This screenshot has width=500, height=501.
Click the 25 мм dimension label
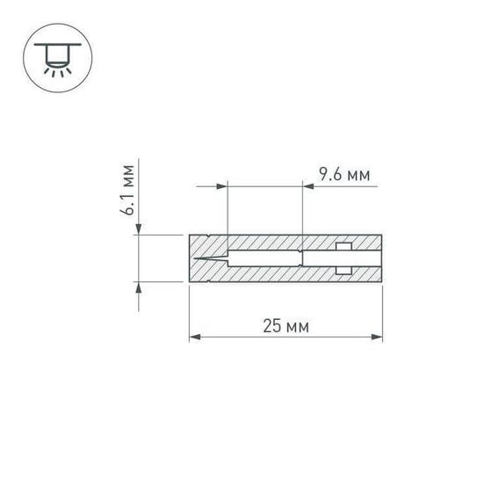coord(286,326)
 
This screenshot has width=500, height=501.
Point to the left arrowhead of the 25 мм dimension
coord(194,337)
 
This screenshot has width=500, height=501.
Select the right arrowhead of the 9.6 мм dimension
coord(308,185)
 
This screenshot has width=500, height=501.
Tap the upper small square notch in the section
coord(344,246)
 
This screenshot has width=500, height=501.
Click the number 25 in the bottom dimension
coord(272,326)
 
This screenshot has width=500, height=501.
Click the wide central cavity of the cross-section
coord(264,258)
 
